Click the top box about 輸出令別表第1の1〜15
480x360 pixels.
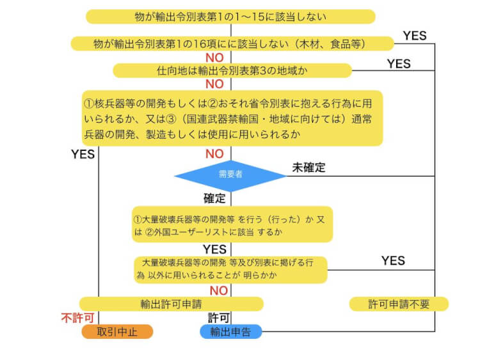[230, 16]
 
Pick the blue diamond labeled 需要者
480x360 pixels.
[230, 174]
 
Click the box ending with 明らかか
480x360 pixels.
[230, 269]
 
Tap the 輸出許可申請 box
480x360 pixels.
[171, 304]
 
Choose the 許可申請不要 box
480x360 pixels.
[399, 304]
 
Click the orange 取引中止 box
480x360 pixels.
[117, 331]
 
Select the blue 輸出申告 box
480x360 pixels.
[230, 331]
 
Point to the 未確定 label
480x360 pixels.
[309, 168]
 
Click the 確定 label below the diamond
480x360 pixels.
[215, 198]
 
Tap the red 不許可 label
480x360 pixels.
[77, 318]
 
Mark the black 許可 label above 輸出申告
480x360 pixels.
[218, 318]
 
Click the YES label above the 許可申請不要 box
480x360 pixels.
[393, 260]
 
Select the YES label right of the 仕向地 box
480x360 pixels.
[399, 63]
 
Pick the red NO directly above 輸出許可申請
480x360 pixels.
[219, 290]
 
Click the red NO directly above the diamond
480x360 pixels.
[214, 154]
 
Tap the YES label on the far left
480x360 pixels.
[83, 154]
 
